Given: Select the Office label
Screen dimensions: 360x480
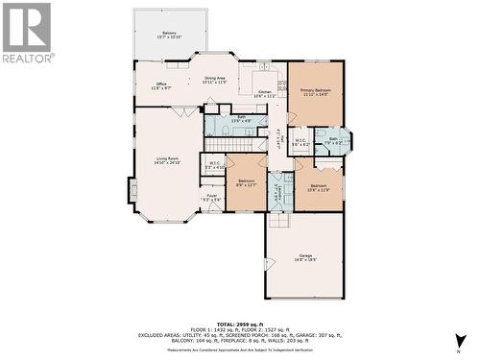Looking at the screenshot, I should [160, 86].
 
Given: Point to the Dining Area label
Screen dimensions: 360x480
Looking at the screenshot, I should [214, 81].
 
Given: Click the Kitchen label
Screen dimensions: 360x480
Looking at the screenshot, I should [264, 94].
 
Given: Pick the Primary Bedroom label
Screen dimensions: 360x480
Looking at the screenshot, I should [315, 92].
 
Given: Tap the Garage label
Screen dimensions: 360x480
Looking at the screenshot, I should [305, 257].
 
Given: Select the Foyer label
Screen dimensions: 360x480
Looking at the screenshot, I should [211, 198].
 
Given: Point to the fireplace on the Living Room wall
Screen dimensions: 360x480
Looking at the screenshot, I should [132, 189].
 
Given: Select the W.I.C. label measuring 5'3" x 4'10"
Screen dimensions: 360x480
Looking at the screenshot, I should [213, 165].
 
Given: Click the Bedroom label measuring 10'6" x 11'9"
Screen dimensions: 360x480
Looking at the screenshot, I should [318, 187].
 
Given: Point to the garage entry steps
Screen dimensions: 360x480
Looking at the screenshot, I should [277, 220].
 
